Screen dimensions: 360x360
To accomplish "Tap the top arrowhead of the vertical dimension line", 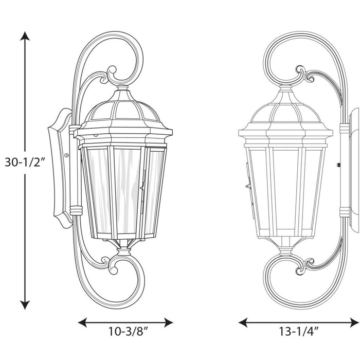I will (x=24, y=36).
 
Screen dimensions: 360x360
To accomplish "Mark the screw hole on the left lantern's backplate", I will (x=66, y=154).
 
